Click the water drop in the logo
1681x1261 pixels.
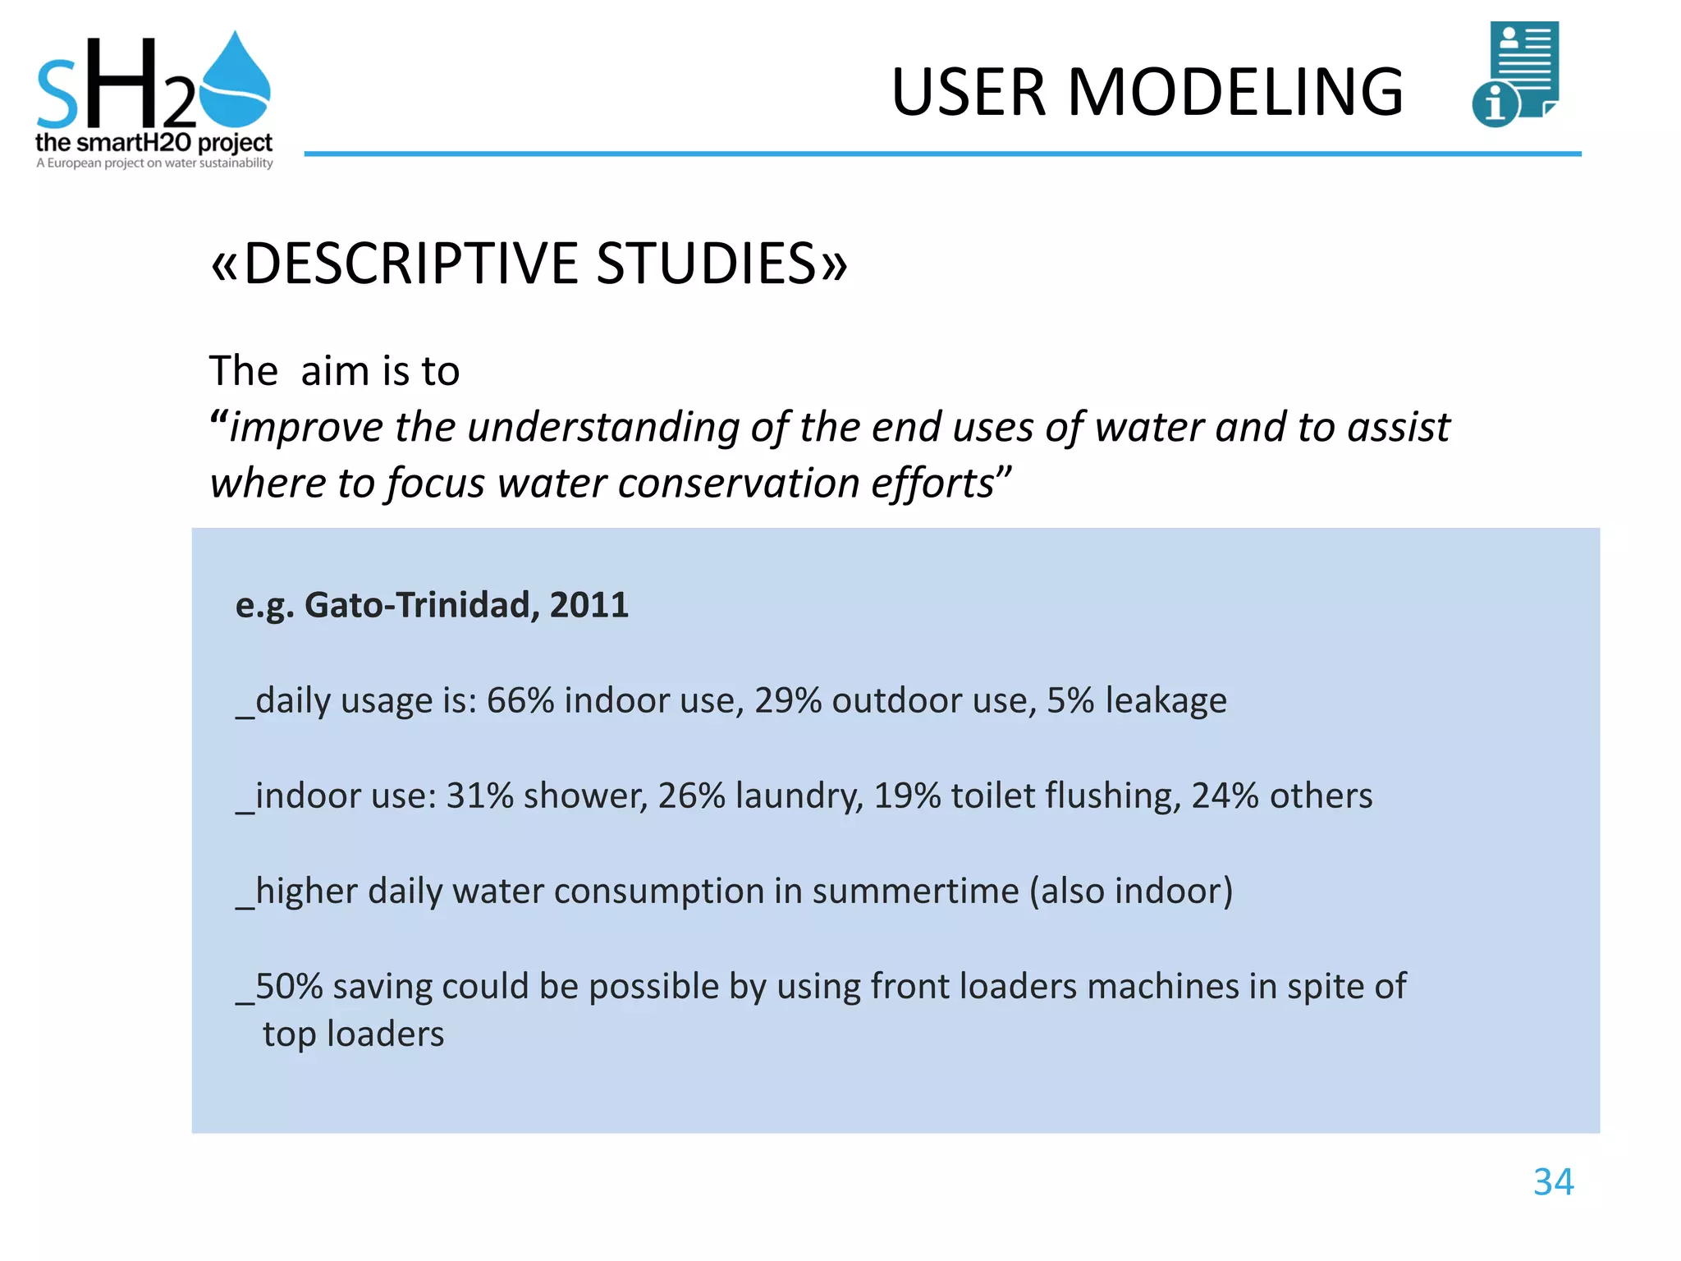pyautogui.click(x=236, y=82)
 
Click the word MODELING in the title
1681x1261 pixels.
pyautogui.click(x=1234, y=92)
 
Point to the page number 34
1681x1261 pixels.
pyautogui.click(x=1553, y=1182)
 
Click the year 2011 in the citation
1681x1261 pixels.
pyautogui.click(x=589, y=605)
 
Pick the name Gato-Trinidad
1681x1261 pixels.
pyautogui.click(x=422, y=605)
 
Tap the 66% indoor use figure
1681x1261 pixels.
pyautogui.click(x=520, y=700)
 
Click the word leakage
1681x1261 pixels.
pyautogui.click(x=1166, y=700)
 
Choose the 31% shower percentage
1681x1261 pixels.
pyautogui.click(x=479, y=796)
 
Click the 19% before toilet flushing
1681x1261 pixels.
pyautogui.click(x=906, y=796)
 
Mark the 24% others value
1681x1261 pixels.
pyautogui.click(x=1225, y=796)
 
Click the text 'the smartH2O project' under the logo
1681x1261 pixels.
pyautogui.click(x=153, y=143)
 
